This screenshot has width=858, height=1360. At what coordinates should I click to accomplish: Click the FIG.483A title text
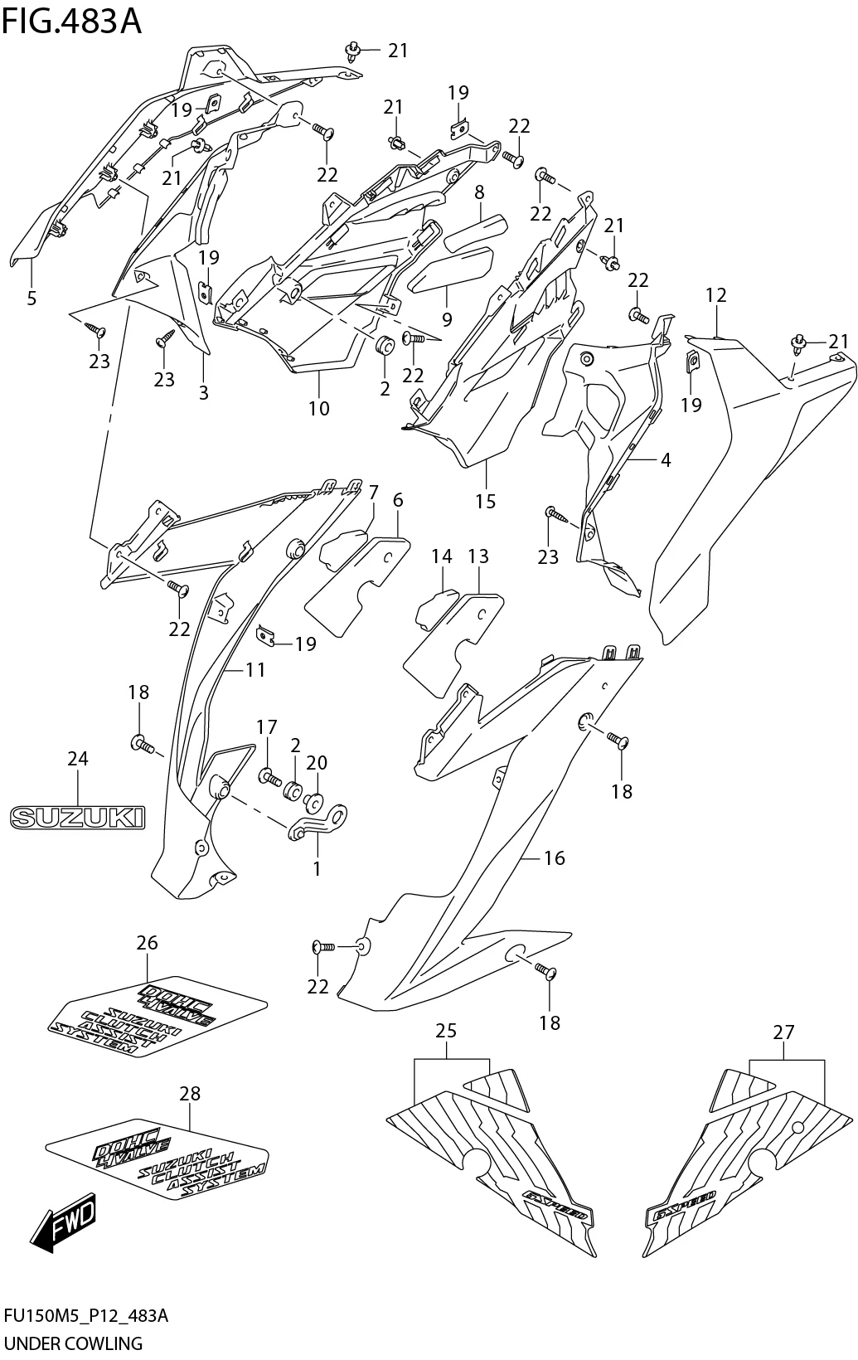point(72,22)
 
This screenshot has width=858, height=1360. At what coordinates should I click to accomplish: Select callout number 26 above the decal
point(147,943)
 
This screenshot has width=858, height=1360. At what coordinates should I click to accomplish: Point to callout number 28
point(190,1094)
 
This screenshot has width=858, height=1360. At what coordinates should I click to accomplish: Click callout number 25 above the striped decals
point(446,1032)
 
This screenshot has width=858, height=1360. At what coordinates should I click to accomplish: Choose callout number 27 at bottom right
point(783,1032)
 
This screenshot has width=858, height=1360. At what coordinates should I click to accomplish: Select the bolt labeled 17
point(268,777)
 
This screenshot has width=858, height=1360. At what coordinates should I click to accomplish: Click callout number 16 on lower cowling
point(554,858)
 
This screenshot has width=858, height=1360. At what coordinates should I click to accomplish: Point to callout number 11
point(255,668)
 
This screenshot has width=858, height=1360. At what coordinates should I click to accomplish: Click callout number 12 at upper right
point(716,294)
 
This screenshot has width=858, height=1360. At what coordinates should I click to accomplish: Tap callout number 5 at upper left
point(32,299)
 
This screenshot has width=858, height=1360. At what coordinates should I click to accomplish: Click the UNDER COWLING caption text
point(74,1343)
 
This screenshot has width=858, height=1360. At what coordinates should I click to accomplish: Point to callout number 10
point(318,408)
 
